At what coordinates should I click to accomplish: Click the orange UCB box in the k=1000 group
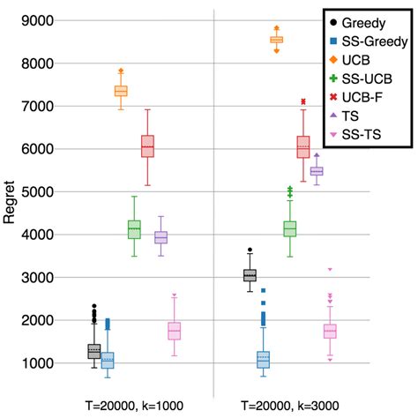(121, 91)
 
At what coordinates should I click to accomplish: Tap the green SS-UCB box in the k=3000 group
(289, 228)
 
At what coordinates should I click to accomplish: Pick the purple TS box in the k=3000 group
(316, 171)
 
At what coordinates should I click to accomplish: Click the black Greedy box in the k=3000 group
(250, 276)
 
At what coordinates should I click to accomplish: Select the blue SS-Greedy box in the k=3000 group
(263, 360)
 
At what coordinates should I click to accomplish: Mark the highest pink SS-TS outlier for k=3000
(330, 269)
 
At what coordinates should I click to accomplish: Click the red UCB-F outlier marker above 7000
(303, 101)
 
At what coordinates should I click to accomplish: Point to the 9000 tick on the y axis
(34, 20)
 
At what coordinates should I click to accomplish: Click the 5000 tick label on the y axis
(34, 191)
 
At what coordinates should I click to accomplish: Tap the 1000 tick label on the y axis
(34, 363)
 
